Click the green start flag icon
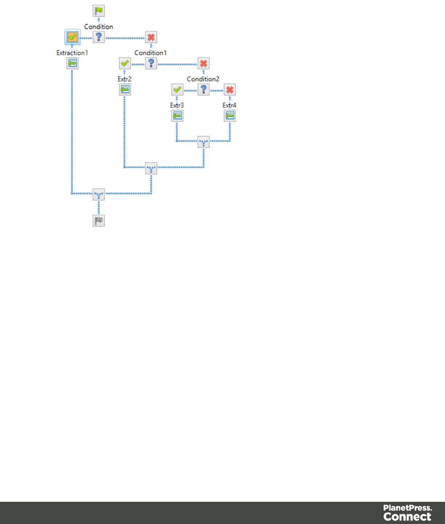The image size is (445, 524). click(x=99, y=11)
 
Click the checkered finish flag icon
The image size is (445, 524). click(x=99, y=221)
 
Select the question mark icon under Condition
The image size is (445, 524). click(x=99, y=37)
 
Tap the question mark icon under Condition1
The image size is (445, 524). click(x=151, y=63)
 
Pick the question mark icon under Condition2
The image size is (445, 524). click(x=203, y=90)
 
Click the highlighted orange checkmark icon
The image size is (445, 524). click(x=72, y=37)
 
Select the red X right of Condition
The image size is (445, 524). click(x=151, y=37)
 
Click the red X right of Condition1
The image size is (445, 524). click(x=203, y=63)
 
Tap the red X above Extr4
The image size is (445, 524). click(x=229, y=90)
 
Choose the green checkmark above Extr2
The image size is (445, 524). click(x=125, y=63)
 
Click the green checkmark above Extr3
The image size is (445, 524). click(x=177, y=90)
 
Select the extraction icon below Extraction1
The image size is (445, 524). click(x=72, y=63)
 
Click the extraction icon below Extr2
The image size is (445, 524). click(x=125, y=90)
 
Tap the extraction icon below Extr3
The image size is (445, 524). click(x=177, y=116)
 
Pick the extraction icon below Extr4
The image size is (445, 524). click(x=229, y=116)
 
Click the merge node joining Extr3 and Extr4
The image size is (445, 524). click(x=203, y=142)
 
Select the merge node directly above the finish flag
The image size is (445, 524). click(x=99, y=194)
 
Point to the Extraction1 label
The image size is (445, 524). click(x=72, y=53)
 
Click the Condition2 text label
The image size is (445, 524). click(x=203, y=79)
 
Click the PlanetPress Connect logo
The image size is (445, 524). click(x=408, y=513)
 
